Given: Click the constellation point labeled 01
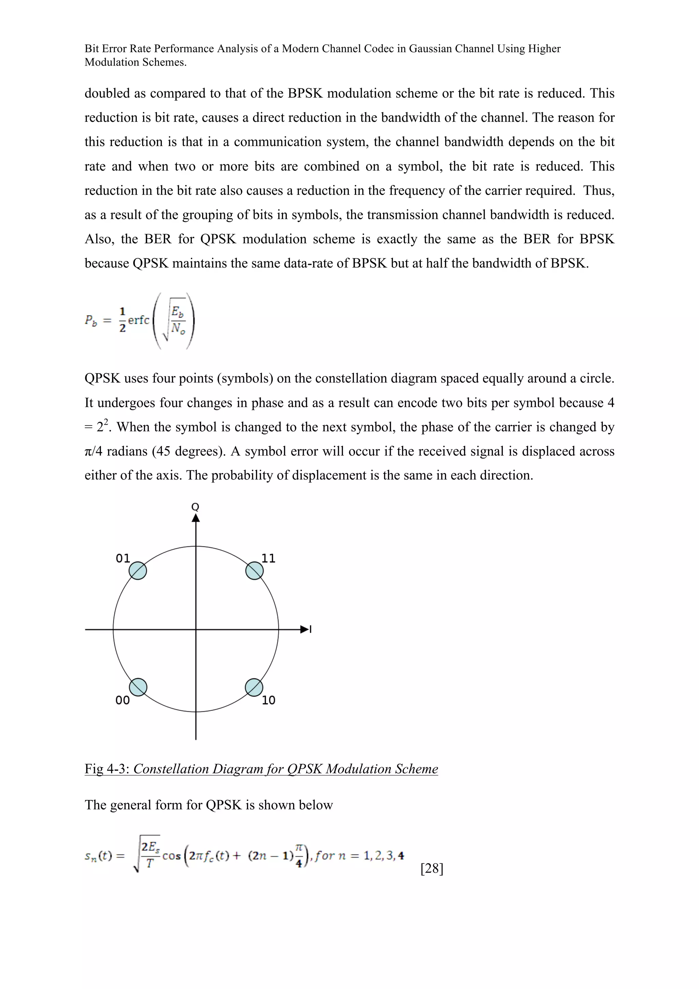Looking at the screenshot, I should point(138,571).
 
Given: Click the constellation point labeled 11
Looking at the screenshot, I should point(254,571).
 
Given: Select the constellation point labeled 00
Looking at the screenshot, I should point(138,687).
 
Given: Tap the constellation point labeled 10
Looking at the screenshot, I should point(254,687).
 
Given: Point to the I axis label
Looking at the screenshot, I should point(311,630).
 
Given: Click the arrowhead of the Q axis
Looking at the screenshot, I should point(196,518).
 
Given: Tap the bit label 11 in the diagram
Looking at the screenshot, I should point(268,559).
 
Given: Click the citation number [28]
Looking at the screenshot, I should point(431,869).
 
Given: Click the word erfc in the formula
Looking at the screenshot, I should point(138,320).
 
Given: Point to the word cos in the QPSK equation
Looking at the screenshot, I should point(171,856).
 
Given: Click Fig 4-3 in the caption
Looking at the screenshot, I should point(107,769).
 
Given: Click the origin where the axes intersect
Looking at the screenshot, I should point(196,630).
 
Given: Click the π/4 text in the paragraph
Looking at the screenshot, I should point(94,451).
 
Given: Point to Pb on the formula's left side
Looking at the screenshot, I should point(90,320).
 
